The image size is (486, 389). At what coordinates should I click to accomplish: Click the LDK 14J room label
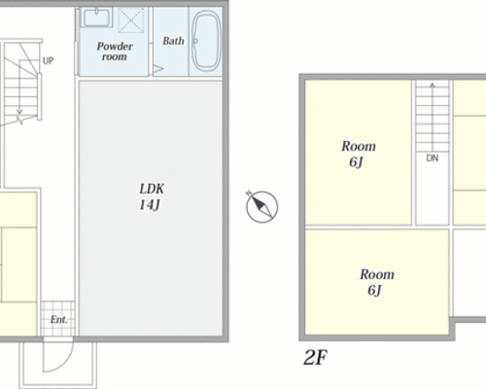152,196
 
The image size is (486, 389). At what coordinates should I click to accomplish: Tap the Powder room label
115,52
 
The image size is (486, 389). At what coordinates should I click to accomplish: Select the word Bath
173,41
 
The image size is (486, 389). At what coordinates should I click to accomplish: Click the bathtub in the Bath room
206,41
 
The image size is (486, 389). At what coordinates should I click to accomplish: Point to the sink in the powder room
96,18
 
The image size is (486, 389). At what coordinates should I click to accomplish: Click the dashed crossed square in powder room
130,20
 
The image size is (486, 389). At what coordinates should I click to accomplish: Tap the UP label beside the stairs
49,60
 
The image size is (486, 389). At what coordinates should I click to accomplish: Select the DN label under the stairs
433,159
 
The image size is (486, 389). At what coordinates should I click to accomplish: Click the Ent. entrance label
58,320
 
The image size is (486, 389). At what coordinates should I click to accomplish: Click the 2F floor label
315,357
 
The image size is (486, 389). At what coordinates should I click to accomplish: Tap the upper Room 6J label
359,154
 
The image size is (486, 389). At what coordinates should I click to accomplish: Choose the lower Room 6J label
377,282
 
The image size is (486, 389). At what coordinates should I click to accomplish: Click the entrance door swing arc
65,360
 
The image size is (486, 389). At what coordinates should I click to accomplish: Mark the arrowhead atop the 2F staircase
433,86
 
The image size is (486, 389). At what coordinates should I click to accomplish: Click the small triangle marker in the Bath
158,69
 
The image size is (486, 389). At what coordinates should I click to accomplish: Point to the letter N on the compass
249,194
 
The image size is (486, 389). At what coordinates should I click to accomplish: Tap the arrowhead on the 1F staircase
19,112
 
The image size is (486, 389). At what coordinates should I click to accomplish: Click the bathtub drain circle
195,41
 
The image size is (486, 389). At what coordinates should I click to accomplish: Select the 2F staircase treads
433,117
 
